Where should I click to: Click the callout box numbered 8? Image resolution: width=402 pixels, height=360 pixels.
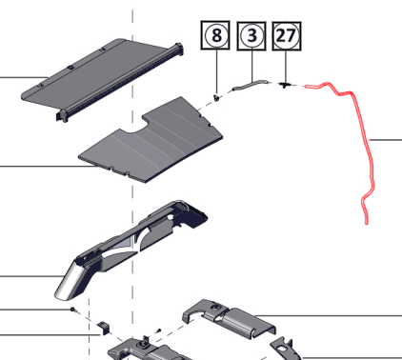pyautogui.click(x=215, y=35)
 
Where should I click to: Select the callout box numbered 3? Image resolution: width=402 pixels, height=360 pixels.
pyautogui.click(x=251, y=35)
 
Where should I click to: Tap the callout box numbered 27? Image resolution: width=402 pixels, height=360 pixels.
pyautogui.click(x=287, y=36)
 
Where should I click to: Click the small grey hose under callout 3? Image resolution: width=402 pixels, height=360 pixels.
pyautogui.click(x=250, y=85)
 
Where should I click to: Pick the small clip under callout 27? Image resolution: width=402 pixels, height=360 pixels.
pyautogui.click(x=285, y=85)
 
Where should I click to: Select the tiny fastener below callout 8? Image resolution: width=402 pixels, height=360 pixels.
pyautogui.click(x=217, y=97)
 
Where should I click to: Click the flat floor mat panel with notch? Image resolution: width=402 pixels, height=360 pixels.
pyautogui.click(x=151, y=140)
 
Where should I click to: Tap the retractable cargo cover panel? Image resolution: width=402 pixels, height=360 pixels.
pyautogui.click(x=102, y=79)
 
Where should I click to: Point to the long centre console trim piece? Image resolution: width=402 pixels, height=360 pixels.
pyautogui.click(x=133, y=248)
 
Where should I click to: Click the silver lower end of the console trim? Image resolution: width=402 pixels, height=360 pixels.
pyautogui.click(x=68, y=284)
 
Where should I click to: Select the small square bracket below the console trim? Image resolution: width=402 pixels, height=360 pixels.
pyautogui.click(x=103, y=328)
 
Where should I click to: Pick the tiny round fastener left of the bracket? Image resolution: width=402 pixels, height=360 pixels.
pyautogui.click(x=72, y=309)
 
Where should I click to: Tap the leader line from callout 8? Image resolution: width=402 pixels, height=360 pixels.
pyautogui.click(x=217, y=72)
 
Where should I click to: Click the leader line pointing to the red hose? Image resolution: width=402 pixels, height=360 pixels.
pyautogui.click(x=386, y=140)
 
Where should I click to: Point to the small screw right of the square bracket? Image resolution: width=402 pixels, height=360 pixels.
pyautogui.click(x=159, y=330)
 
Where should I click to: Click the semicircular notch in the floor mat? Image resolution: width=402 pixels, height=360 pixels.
pyautogui.click(x=132, y=130)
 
